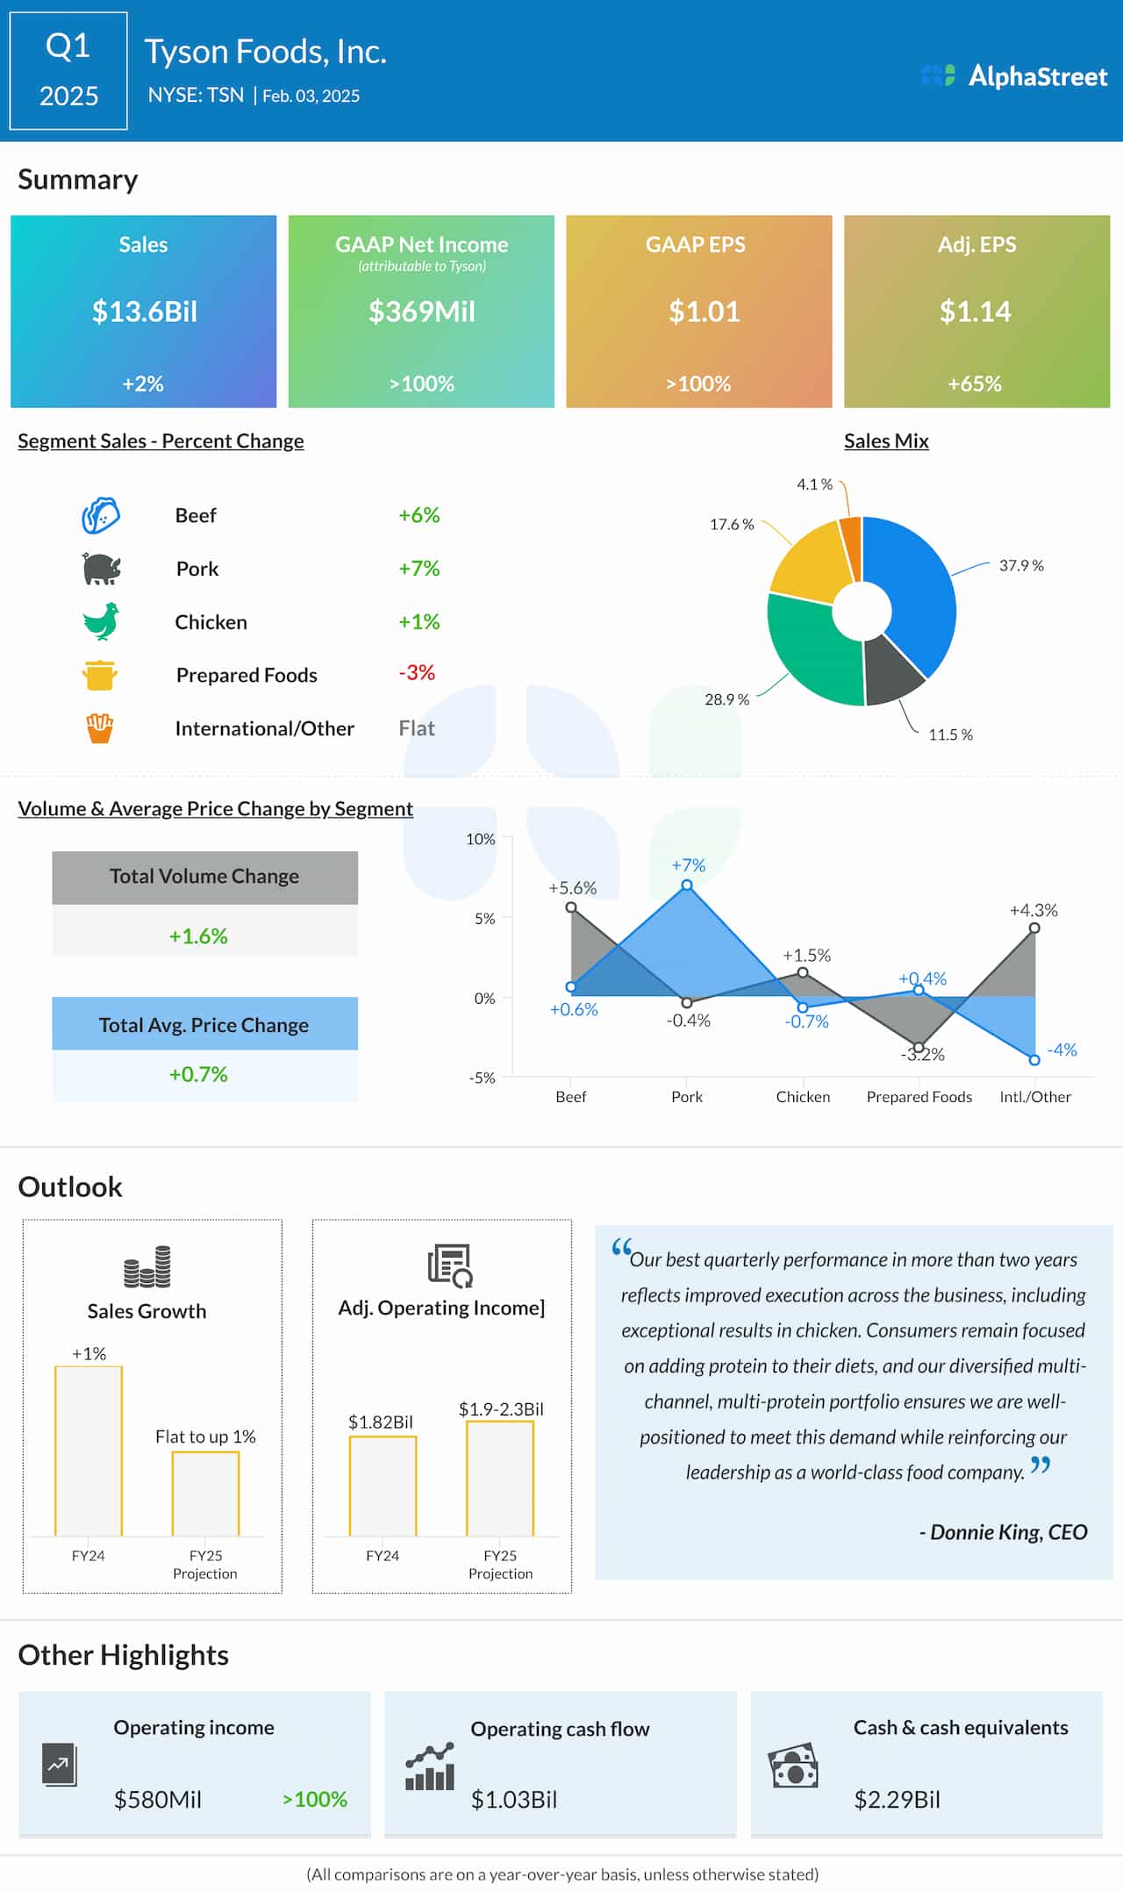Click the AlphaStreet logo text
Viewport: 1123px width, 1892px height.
1037,76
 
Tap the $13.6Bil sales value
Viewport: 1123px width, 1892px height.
145,312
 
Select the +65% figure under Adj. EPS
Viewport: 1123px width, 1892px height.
974,383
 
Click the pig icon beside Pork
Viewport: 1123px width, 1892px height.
101,569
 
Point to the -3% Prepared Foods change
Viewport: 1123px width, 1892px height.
417,673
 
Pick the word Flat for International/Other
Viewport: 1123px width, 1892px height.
417,728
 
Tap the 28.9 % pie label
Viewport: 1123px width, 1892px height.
726,699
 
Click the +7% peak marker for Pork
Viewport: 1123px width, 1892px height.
687,885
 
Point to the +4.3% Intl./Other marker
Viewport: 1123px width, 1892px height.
1034,928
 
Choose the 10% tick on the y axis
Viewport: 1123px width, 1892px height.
481,839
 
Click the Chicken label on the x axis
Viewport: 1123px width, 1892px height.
803,1097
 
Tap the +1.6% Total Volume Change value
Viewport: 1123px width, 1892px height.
198,936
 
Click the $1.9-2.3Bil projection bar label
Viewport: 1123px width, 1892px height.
501,1409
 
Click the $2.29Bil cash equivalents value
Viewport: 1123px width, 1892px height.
897,1800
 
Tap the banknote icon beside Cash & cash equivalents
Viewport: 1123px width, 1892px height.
793,1765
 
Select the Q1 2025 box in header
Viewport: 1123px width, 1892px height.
68,71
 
